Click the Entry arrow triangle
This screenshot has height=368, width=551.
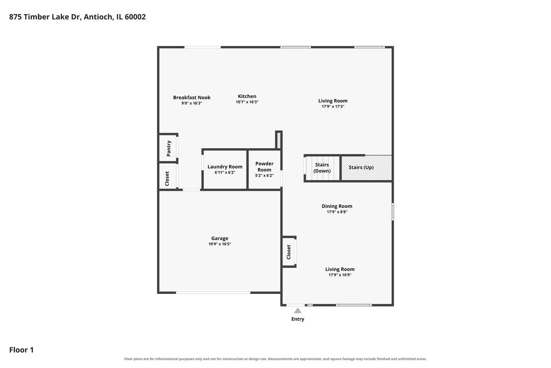pyautogui.click(x=298, y=310)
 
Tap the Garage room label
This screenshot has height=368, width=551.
pyautogui.click(x=219, y=238)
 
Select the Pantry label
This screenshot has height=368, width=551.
pyautogui.click(x=169, y=149)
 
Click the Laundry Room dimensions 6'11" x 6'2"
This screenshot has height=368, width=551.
pyautogui.click(x=225, y=172)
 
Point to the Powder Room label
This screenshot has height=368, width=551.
pyautogui.click(x=264, y=167)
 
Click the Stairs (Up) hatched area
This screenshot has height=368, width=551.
pyautogui.click(x=366, y=168)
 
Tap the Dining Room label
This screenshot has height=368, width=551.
pyautogui.click(x=337, y=206)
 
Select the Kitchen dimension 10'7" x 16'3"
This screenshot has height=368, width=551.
pyautogui.click(x=247, y=102)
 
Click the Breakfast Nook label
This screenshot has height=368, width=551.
pyautogui.click(x=191, y=98)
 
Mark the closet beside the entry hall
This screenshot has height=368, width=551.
pyautogui.click(x=289, y=252)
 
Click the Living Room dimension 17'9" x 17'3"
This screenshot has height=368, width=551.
pyautogui.click(x=333, y=106)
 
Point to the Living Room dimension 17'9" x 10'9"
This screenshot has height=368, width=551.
pyautogui.click(x=340, y=275)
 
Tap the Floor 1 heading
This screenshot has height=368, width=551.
pyautogui.click(x=22, y=350)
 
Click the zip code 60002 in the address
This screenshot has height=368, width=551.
pyautogui.click(x=135, y=17)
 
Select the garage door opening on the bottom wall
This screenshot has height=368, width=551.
pyautogui.click(x=213, y=293)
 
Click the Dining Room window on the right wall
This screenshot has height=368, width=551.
pyautogui.click(x=393, y=212)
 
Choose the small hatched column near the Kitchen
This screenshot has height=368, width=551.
pyautogui.click(x=279, y=140)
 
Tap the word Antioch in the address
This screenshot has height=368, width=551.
pyautogui.click(x=99, y=17)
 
